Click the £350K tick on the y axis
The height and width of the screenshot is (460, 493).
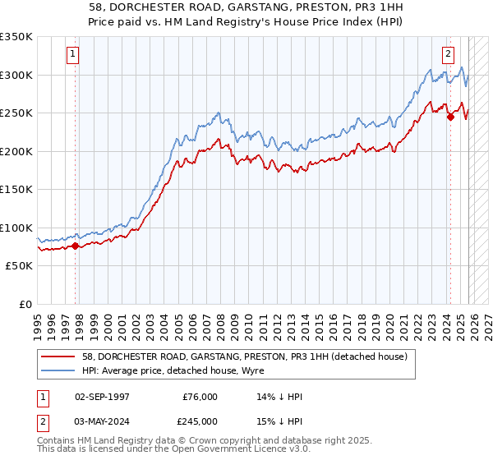coord(16,37)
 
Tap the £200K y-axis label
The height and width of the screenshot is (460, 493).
coord(16,151)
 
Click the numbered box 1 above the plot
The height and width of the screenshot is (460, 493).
coord(73,55)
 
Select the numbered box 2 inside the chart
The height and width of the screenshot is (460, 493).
coord(448,55)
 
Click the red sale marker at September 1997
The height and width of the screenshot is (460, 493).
coord(75,245)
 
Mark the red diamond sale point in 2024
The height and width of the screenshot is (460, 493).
coord(450,117)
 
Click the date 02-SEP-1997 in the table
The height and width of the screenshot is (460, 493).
coord(102,397)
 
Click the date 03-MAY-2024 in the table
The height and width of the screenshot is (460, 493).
coord(102,421)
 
